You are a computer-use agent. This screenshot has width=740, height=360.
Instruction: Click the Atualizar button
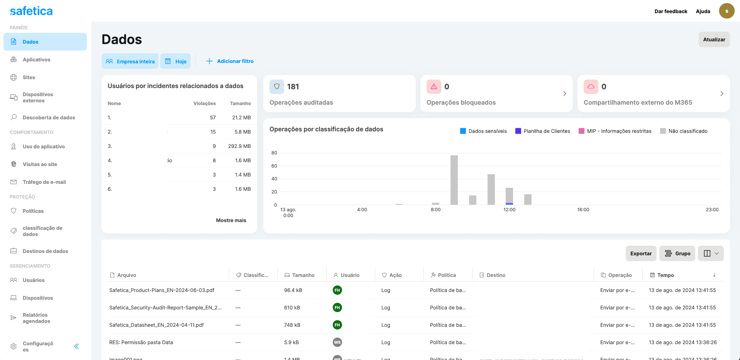pos(714,39)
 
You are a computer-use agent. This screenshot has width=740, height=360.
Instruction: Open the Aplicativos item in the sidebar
pos(36,59)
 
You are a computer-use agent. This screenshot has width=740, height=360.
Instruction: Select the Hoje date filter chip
pos(176,61)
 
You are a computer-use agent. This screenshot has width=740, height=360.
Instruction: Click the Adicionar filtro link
pos(230,61)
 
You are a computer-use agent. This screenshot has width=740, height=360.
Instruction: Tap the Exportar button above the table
pos(641,253)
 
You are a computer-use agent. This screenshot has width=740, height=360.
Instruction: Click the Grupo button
pos(677,253)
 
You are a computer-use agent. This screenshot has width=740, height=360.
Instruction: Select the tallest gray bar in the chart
pos(454,180)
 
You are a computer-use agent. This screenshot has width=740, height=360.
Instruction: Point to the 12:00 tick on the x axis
pos(509,210)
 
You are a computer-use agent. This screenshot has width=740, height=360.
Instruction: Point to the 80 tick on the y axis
pos(274,153)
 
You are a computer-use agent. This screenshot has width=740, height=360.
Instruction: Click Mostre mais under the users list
pos(231,220)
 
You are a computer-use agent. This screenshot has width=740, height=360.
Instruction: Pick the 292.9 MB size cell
pos(239,146)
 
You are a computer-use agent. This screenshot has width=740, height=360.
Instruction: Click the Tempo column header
pos(665,275)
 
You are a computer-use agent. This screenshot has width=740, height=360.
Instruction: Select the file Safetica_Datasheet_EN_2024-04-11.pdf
pos(156,325)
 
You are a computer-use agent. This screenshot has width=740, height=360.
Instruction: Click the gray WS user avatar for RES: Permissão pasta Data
pos(337,342)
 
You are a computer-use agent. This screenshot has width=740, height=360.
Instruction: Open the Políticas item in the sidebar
pos(33,211)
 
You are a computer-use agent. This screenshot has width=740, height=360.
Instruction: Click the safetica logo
pos(31,11)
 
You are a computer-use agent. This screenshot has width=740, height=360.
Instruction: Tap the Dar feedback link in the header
pos(671,11)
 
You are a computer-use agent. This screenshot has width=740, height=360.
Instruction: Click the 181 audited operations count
pos(293,87)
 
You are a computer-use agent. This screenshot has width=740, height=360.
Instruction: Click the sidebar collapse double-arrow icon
pos(76,346)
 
